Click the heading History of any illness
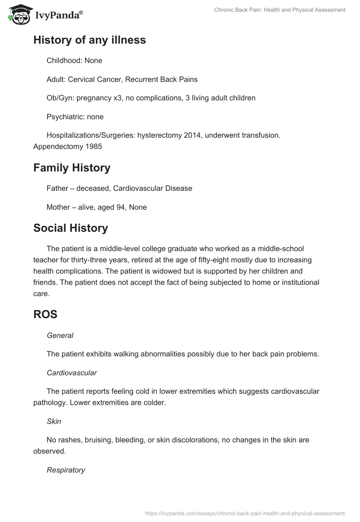[90, 40]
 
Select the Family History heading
[72, 168]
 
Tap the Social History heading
[71, 228]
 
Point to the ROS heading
[45, 315]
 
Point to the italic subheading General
[60, 335]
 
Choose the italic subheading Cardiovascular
[72, 373]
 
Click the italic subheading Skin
[54, 422]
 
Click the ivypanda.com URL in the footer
[245, 513]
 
